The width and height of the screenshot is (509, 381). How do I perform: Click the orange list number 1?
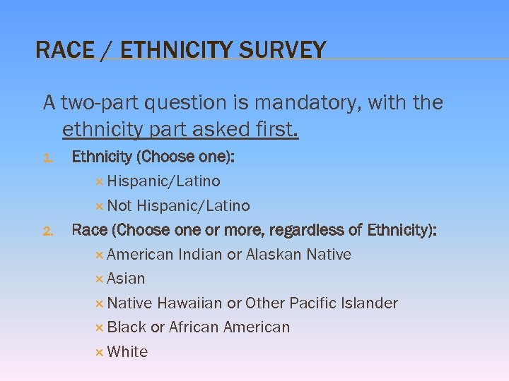(x=49, y=158)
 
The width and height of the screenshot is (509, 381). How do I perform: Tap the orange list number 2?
(x=49, y=231)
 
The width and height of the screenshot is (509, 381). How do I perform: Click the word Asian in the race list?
(x=126, y=279)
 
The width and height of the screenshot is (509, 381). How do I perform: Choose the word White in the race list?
(x=127, y=352)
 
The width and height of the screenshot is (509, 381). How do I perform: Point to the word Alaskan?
(x=274, y=255)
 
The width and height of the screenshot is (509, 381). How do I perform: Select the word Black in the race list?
(x=127, y=327)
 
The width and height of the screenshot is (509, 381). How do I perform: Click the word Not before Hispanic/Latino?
(x=119, y=206)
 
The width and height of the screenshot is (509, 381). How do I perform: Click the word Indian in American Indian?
(x=200, y=255)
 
